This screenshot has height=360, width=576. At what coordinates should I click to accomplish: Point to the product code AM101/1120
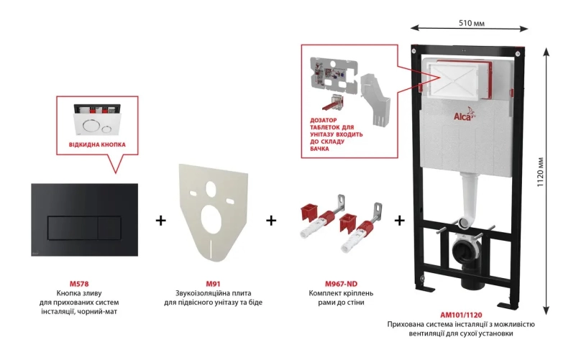461,314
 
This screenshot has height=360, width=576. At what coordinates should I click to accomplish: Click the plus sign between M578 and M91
160,220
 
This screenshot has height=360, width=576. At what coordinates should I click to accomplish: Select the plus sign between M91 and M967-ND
271,220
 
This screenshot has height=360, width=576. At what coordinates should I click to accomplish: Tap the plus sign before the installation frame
400,220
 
